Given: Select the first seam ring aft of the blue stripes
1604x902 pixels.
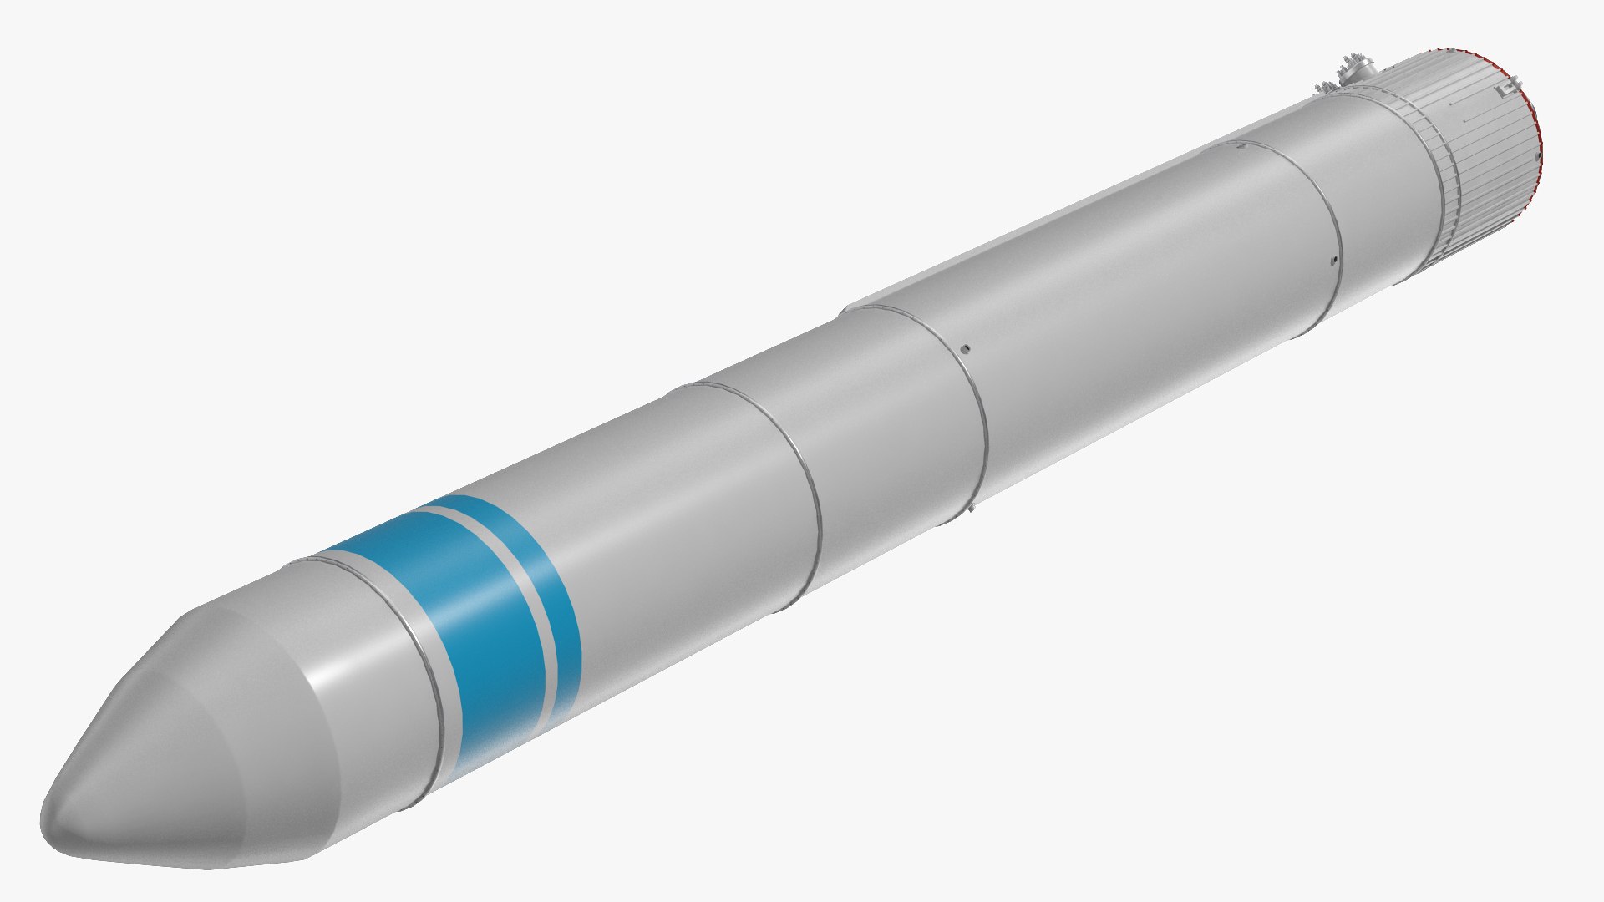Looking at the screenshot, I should (802, 484).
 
